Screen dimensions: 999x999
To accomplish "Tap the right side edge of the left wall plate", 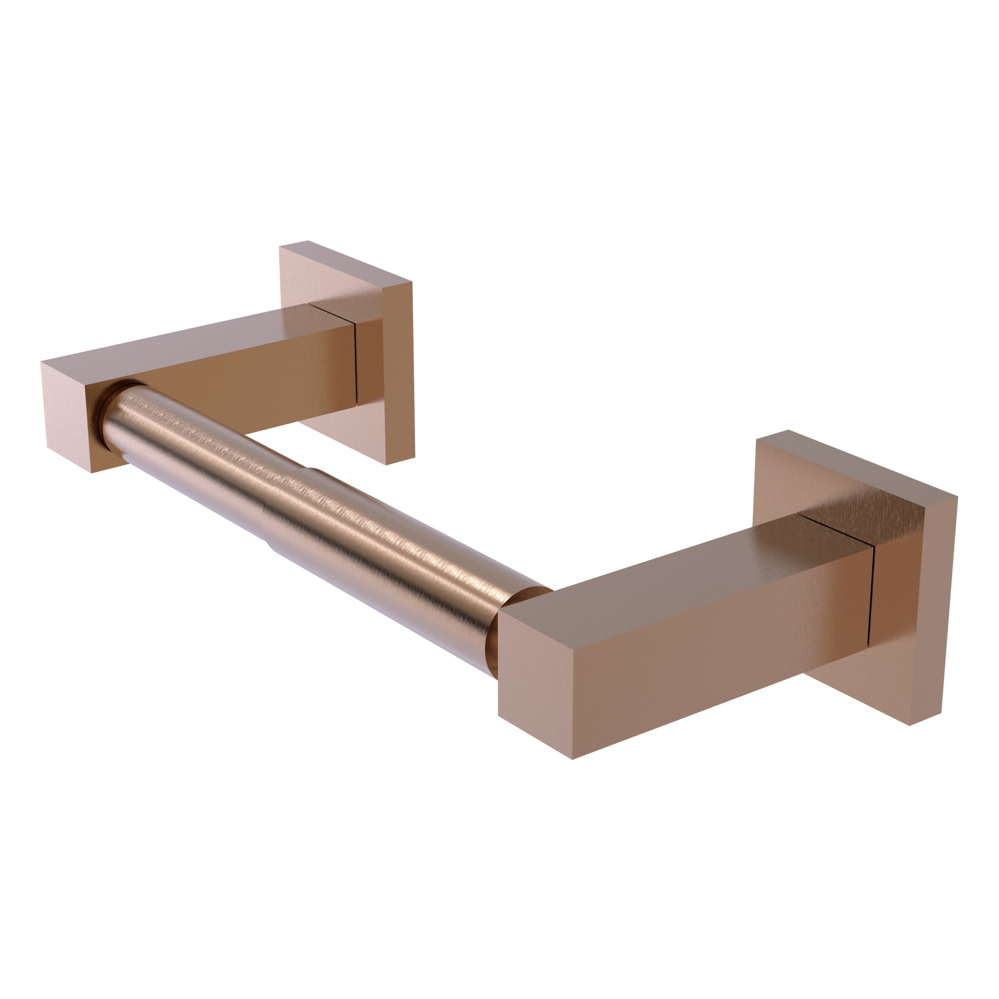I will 406,372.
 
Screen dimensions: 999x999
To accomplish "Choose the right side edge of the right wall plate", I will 949,610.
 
